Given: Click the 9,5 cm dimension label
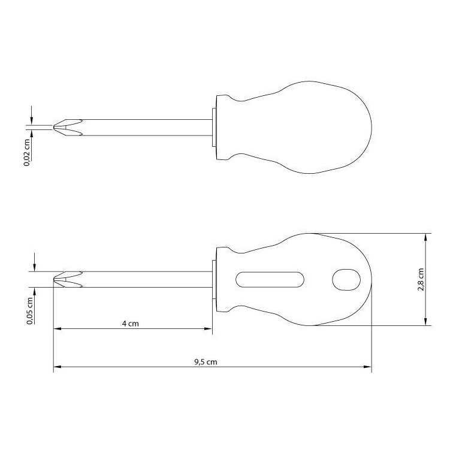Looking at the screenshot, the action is (206, 362).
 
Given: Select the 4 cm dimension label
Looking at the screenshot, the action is (130, 324).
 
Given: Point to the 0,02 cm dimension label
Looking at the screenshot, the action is (27, 153).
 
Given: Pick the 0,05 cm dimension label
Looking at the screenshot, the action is (30, 311).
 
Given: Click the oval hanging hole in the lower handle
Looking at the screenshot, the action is (346, 280).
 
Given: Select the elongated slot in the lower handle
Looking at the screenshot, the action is (270, 280).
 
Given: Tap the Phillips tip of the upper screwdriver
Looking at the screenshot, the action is (68, 128).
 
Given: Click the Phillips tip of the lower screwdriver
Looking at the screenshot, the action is (68, 279).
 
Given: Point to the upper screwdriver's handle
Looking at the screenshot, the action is (294, 128).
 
